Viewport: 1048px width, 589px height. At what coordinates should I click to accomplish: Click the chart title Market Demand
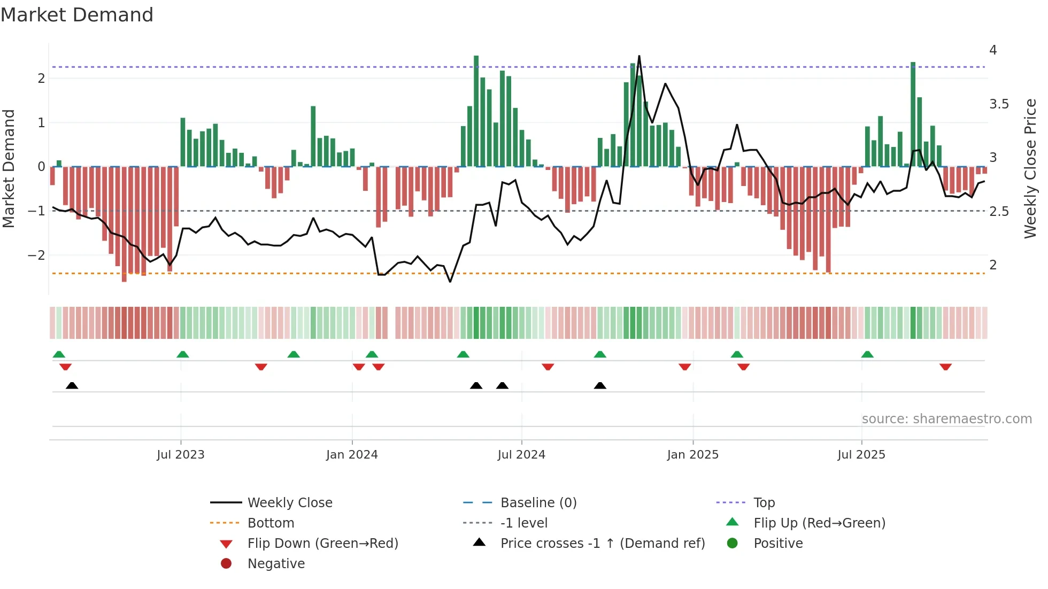[x=77, y=15]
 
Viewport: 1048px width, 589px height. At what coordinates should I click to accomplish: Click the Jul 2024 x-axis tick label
[x=521, y=455]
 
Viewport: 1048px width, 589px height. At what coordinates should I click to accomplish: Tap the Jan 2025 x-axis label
[x=692, y=455]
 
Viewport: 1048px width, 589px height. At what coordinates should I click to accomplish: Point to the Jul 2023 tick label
[x=180, y=455]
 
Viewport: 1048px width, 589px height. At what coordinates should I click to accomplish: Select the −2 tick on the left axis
[x=37, y=255]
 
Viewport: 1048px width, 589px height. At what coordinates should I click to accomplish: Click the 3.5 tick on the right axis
[x=999, y=104]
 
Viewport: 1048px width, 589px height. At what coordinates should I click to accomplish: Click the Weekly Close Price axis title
[x=1030, y=168]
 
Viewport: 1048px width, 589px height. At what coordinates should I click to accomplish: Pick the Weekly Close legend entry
[x=289, y=503]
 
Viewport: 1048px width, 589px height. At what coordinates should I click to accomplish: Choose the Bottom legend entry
[x=271, y=523]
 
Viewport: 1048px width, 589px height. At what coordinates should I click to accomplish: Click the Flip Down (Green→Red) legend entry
[x=322, y=544]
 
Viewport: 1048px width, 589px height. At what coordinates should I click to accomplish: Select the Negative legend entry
[x=276, y=564]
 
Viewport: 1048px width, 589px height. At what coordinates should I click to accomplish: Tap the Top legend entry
[x=764, y=503]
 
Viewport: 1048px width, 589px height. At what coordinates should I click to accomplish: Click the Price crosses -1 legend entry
[x=602, y=544]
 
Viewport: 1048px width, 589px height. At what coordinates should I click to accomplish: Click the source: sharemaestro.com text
[x=946, y=419]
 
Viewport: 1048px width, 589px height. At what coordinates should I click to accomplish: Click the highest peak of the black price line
[x=639, y=56]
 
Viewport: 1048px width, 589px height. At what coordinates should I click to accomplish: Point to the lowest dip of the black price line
[x=450, y=282]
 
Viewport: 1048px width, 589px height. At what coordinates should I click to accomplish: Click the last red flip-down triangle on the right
[x=945, y=367]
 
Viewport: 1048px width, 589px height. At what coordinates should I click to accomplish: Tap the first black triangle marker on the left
[x=72, y=385]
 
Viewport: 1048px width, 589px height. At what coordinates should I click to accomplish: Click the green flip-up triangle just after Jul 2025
[x=867, y=354]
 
